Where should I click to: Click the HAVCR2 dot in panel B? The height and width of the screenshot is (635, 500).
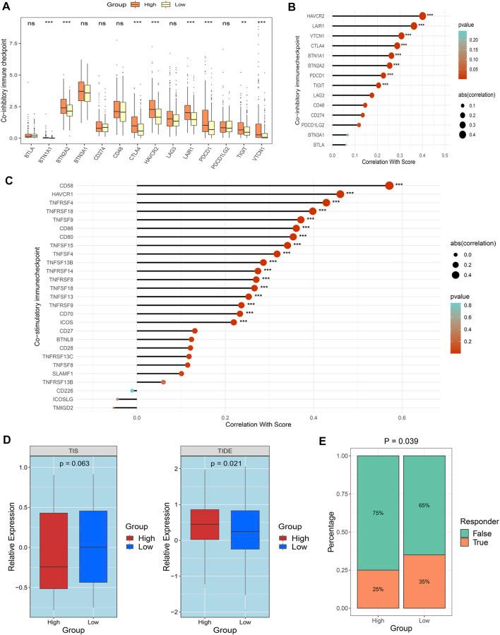(422, 16)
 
